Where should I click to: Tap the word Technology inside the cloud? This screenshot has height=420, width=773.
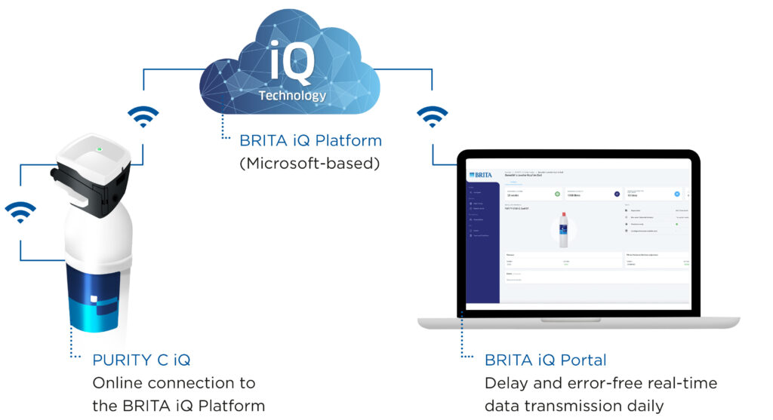[292, 96]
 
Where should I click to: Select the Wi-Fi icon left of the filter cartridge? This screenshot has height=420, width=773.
[20, 211]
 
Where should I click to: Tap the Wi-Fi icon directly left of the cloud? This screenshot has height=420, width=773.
[143, 115]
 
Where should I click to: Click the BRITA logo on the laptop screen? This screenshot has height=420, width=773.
[480, 175]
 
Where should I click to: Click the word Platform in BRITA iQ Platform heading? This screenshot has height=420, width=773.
[346, 140]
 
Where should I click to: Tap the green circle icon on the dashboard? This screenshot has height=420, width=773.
[558, 195]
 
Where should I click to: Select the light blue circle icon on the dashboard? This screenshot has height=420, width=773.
[677, 195]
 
